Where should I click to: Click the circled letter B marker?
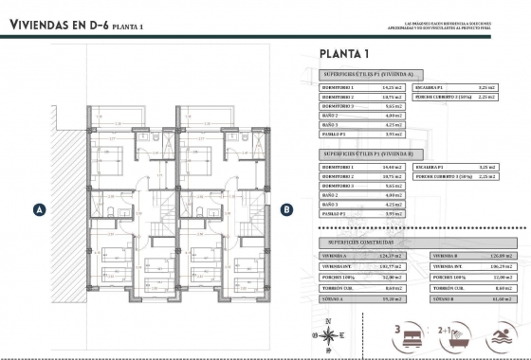click(286, 209)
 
